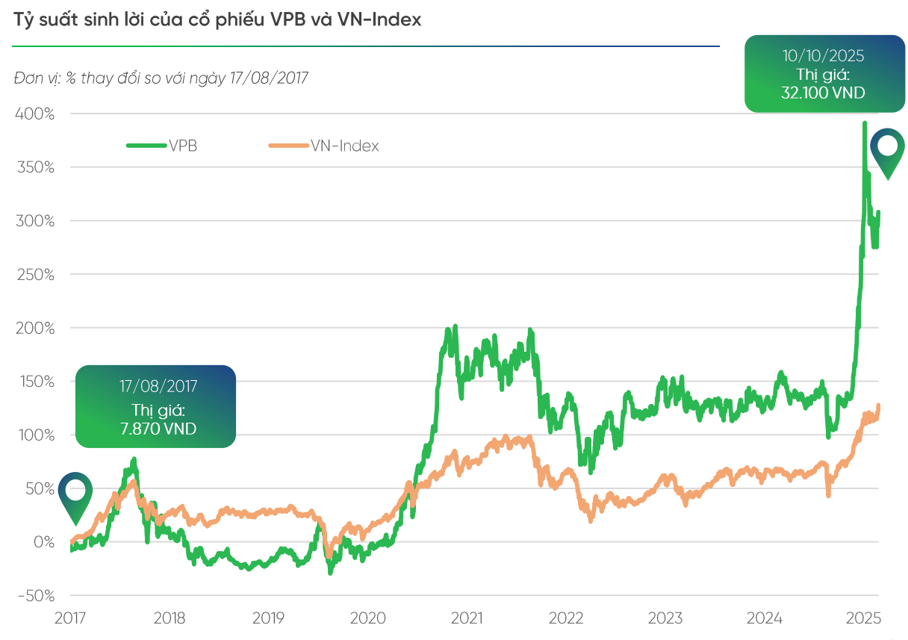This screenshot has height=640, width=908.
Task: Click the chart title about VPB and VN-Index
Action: coord(217,20)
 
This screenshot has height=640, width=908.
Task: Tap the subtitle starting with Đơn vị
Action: coord(161,78)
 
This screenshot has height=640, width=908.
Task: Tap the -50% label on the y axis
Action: coord(34,596)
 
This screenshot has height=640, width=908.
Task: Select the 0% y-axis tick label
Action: coord(42,542)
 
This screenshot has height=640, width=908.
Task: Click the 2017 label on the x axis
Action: coord(71,618)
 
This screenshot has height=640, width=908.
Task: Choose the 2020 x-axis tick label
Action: coord(367,618)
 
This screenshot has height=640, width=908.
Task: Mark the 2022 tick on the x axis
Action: coord(566,618)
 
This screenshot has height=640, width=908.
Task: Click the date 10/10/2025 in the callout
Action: coord(823,55)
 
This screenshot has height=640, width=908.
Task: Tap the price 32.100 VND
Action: coord(823,93)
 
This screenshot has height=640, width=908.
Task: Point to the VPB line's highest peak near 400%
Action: coord(864,124)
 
